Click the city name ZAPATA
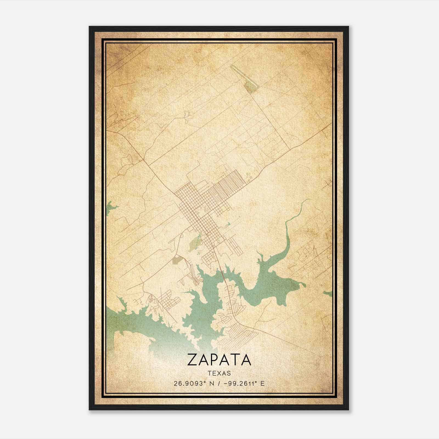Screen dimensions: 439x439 219,360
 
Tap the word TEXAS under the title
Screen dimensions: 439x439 219,373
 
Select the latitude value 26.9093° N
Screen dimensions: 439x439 194,384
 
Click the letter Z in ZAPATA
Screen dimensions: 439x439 193,360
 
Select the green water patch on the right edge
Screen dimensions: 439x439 328,294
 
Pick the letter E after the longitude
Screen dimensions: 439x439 263,384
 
